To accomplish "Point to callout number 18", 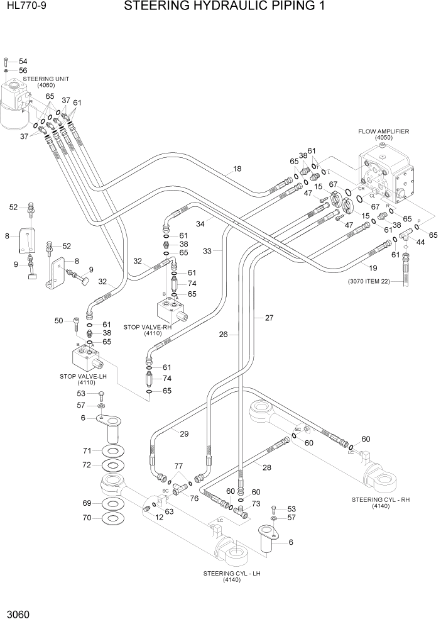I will pyautogui.click(x=237, y=169).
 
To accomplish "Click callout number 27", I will pyautogui.click(x=269, y=318).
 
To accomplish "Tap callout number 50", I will pyautogui.click(x=59, y=321).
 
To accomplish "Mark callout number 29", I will pyautogui.click(x=184, y=434).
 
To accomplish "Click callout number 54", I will pyautogui.click(x=23, y=60).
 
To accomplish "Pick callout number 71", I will pyautogui.click(x=87, y=450).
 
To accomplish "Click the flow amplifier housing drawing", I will pyautogui.click(x=386, y=176).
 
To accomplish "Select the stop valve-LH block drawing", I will pyautogui.click(x=85, y=360).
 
